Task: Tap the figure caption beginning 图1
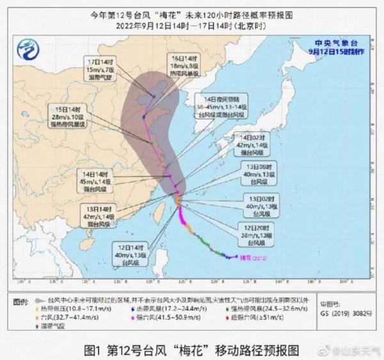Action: [x=192, y=350]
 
